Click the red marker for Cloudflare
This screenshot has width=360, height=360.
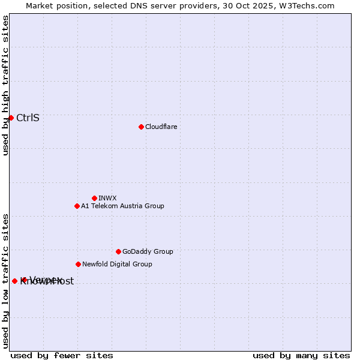click(x=141, y=127)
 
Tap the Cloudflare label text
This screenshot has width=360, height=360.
click(x=161, y=127)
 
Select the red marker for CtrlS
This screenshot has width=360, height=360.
click(x=11, y=118)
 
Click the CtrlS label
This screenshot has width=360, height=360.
click(x=28, y=118)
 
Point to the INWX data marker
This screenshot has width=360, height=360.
click(x=94, y=198)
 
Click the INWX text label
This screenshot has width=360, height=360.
click(x=107, y=198)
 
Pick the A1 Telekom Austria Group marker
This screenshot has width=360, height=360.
click(x=77, y=206)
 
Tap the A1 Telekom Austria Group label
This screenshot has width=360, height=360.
click(x=122, y=206)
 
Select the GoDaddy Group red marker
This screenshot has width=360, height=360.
click(x=118, y=251)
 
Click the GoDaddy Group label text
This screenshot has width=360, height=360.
click(x=148, y=251)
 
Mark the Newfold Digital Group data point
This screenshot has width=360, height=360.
click(x=78, y=264)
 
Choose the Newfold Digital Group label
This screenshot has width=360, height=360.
click(x=117, y=264)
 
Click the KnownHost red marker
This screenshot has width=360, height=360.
click(x=14, y=281)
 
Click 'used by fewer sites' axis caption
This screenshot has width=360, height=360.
click(x=62, y=355)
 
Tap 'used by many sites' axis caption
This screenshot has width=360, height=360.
click(x=301, y=355)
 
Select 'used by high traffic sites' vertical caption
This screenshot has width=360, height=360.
click(x=5, y=85)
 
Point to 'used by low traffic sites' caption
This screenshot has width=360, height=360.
click(x=5, y=280)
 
